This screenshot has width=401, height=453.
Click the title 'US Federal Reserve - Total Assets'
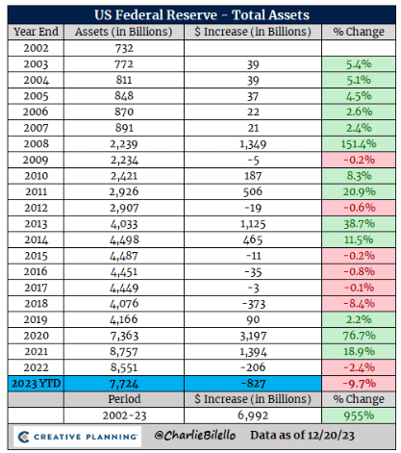point(200,14)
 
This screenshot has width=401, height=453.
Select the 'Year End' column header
point(37,32)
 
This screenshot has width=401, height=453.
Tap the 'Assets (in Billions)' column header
point(117,32)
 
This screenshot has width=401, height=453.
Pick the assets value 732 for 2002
point(117,48)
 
